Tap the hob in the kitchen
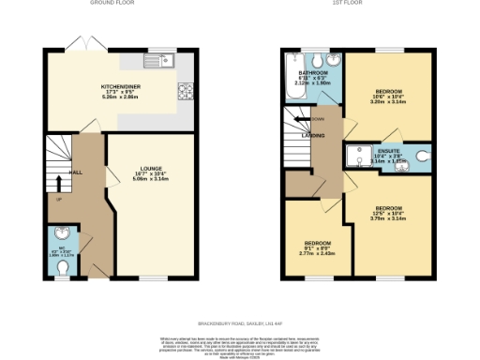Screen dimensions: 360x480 click(184, 92)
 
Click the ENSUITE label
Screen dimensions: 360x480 click(388, 150)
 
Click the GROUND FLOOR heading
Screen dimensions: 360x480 click(112, 4)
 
